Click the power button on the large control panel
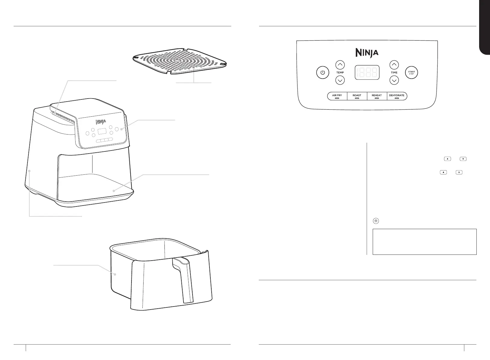tap(323, 73)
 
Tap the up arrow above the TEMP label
tap(340, 65)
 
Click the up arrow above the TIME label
tap(394, 65)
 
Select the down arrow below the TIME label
tap(394, 80)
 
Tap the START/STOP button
tap(411, 73)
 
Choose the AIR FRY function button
tap(337, 96)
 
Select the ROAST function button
tap(357, 96)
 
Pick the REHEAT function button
tap(377, 96)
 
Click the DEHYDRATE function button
tap(397, 96)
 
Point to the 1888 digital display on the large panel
tap(367, 73)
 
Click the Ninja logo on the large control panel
tap(367, 53)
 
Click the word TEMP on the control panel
tap(340, 73)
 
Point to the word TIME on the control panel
tap(394, 73)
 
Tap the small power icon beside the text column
tap(376, 221)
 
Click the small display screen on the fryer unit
tap(102, 132)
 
